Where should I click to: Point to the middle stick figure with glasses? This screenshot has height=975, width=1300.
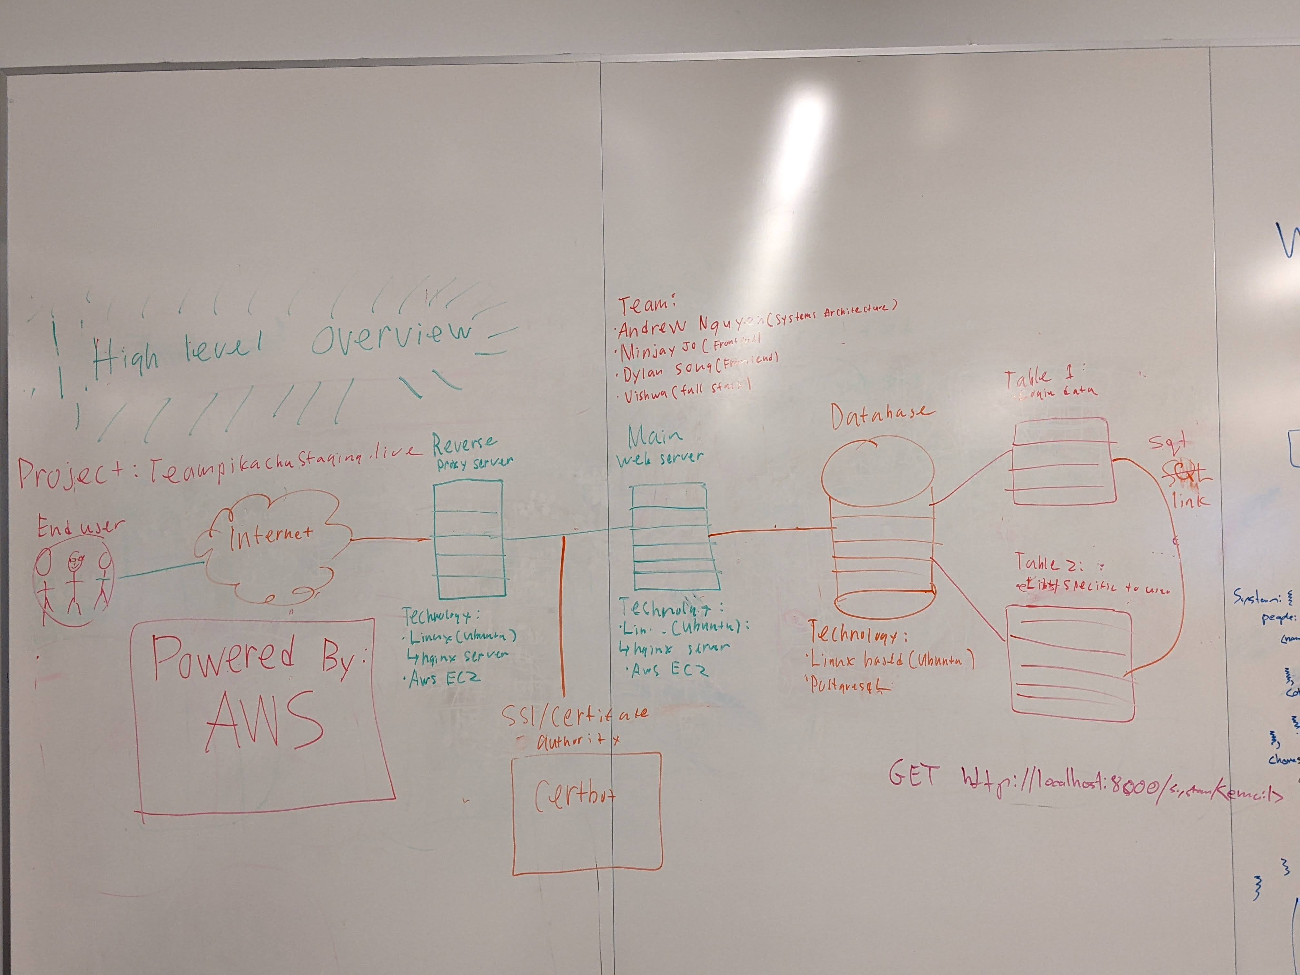pyautogui.click(x=74, y=582)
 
